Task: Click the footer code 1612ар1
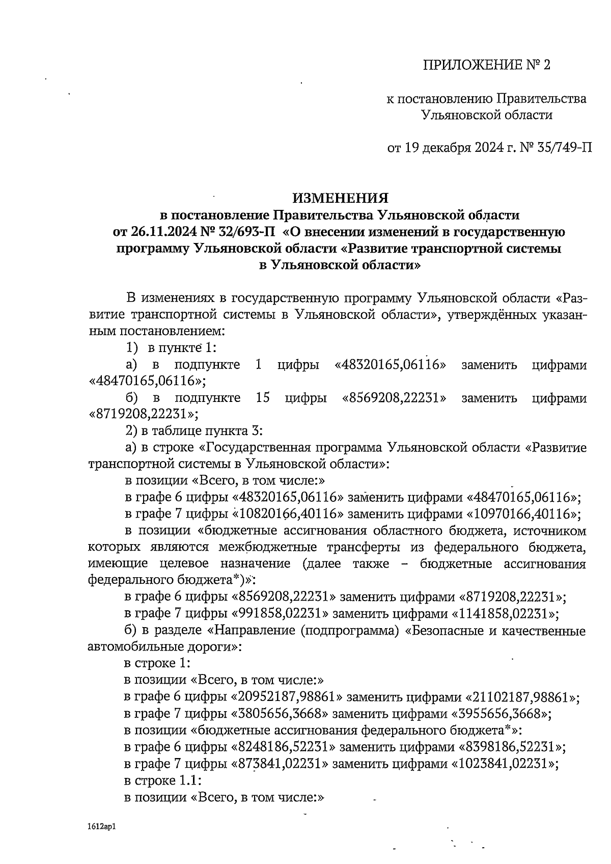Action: (x=102, y=827)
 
